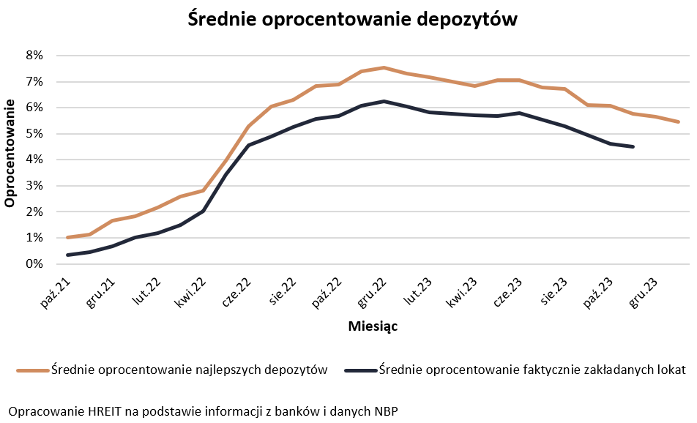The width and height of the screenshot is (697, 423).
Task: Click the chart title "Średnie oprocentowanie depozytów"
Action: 353,20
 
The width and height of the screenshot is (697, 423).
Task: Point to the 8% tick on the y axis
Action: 34,56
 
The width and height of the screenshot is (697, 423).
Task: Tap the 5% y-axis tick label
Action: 34,134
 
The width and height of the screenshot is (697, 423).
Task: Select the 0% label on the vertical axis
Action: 34,264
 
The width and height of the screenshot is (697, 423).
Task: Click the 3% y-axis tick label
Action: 34,186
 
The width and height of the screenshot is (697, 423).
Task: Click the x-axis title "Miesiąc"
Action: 373,326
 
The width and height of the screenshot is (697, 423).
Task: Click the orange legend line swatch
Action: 32,370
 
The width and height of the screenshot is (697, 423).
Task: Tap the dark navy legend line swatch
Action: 360,370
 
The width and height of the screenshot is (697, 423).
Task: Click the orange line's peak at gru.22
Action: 384,67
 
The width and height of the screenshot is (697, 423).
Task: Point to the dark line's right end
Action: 633,146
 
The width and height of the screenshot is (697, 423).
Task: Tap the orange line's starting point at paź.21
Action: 67,237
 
